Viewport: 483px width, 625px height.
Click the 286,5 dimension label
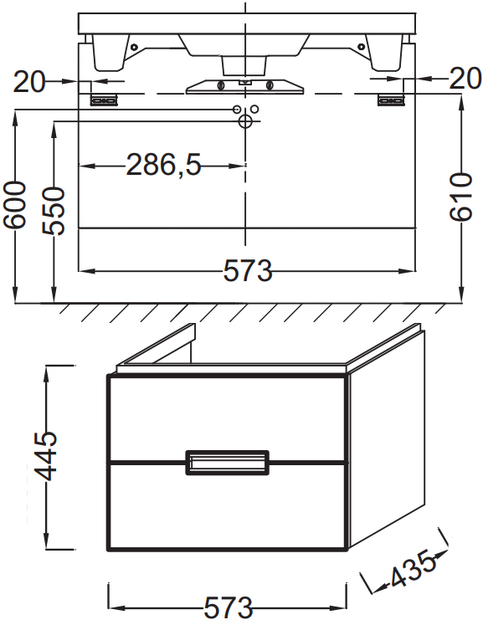pyautogui.click(x=163, y=164)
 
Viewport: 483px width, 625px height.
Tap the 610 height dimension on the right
pyautogui.click(x=461, y=197)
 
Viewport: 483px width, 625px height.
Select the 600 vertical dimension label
pyautogui.click(x=15, y=205)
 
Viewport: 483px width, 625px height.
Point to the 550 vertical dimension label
pyautogui.click(x=54, y=211)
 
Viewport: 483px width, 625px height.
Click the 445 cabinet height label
pyautogui.click(x=45, y=456)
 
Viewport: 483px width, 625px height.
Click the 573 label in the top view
pyautogui.click(x=248, y=270)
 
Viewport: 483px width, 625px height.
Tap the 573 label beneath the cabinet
pyautogui.click(x=229, y=608)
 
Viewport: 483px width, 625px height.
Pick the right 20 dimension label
pyautogui.click(x=465, y=79)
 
